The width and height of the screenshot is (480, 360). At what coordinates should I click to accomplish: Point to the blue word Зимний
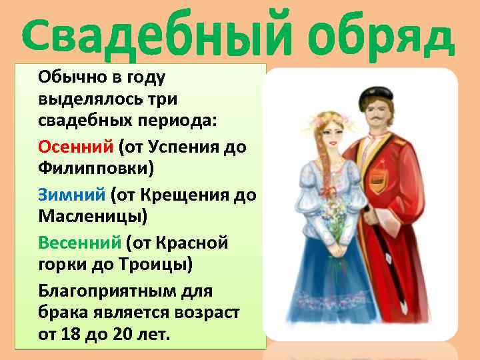(x=72, y=194)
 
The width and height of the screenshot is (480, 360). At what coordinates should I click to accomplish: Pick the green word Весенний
(x=79, y=243)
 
